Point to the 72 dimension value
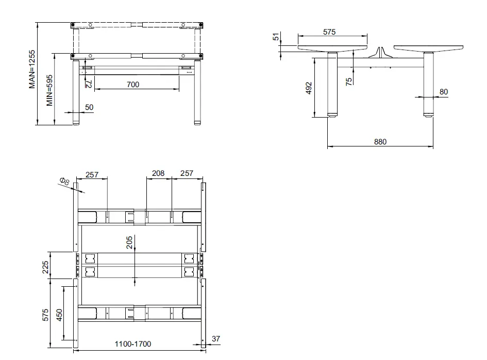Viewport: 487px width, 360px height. [x=88, y=83]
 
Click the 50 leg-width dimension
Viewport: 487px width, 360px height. [x=89, y=107]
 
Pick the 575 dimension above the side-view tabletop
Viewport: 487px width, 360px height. [x=329, y=32]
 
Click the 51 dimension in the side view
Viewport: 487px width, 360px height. [x=276, y=37]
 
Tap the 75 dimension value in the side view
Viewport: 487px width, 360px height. [x=349, y=81]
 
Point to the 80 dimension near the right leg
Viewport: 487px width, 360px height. [x=443, y=92]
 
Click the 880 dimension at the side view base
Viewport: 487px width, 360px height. [x=380, y=142]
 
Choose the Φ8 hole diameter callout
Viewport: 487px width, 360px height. [x=64, y=182]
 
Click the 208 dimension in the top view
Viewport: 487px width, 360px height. [x=158, y=173]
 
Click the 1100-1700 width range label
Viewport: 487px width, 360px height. [x=132, y=343]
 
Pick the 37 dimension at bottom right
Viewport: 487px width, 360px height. [x=216, y=339]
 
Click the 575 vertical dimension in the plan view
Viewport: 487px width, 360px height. [x=45, y=314]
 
